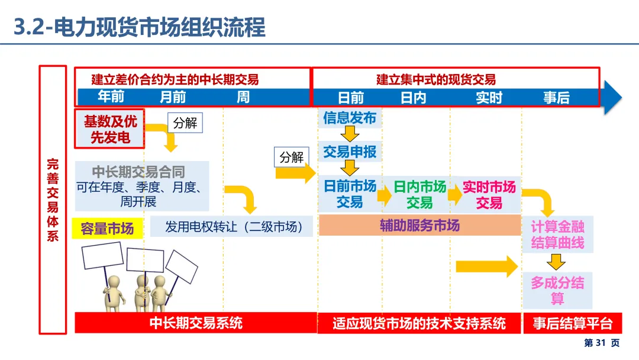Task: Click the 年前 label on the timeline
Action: coord(111,97)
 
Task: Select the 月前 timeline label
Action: coord(173,97)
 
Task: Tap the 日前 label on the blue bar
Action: coord(350,97)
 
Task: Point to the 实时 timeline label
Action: coord(489,97)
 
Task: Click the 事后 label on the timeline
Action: coord(556,97)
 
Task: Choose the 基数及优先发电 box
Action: coord(109,129)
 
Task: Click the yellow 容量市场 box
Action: coord(107,229)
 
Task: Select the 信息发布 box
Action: coord(349,118)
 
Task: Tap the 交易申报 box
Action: coord(349,152)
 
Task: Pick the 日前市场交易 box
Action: coord(350,194)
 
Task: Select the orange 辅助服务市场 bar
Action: coord(419,226)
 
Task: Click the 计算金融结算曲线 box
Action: coord(557,234)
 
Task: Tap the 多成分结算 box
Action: coord(557,291)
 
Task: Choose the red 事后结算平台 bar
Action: coord(572,323)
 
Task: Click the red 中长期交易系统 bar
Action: coord(196,323)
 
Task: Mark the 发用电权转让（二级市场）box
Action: coord(231,227)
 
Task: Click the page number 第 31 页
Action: coord(602,343)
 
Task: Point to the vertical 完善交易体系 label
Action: coord(53,200)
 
